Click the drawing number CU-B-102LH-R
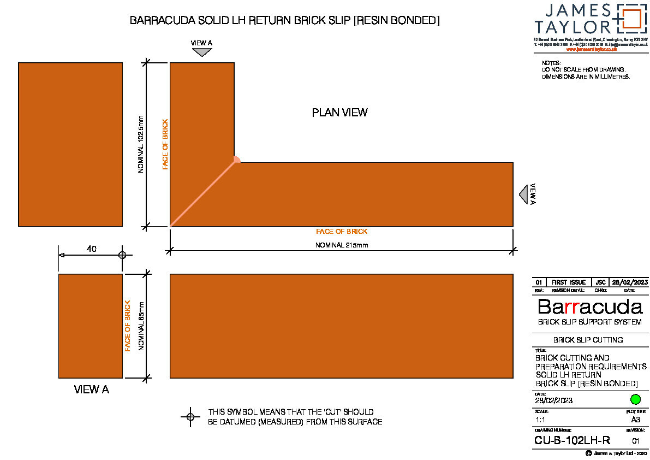tap(572, 440)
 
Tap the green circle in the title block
tap(635, 399)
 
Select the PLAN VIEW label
tap(339, 113)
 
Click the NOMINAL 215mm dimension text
tap(342, 245)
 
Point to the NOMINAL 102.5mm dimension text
tap(141, 144)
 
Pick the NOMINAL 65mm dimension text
tap(141, 326)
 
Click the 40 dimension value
tap(92, 249)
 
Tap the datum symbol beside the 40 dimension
tap(122, 255)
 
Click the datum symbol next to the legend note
tap(190, 417)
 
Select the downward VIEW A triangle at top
tap(202, 52)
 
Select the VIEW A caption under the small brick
tap(91, 390)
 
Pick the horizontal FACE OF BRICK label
tap(342, 232)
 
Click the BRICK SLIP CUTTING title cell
tap(588, 340)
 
